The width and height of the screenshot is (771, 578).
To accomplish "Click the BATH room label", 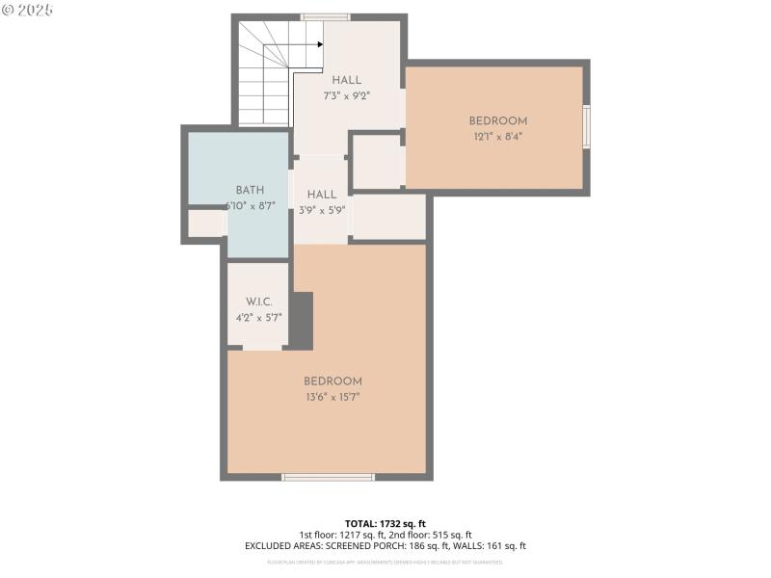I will [250, 191].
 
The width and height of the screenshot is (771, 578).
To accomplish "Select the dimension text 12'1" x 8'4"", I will [498, 137].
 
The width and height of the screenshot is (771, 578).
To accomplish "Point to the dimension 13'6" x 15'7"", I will [332, 397].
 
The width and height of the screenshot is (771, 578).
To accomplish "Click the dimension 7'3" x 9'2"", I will [347, 95].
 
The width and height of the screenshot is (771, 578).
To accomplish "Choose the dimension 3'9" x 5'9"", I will [322, 210].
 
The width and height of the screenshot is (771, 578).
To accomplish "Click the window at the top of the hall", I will [325, 16].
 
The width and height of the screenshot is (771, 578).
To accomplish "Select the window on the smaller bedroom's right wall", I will [586, 126].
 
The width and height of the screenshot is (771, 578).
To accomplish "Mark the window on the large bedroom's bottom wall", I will [328, 476].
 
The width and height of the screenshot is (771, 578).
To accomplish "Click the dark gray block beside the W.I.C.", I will [302, 322].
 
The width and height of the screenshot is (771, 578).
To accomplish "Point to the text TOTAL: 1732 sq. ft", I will [385, 523].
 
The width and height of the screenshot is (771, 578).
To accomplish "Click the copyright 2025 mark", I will [28, 10].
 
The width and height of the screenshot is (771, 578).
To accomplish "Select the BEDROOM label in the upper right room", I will [498, 120].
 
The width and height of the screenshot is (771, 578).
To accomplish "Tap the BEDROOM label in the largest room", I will [332, 381].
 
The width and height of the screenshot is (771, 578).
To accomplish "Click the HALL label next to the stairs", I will [347, 80].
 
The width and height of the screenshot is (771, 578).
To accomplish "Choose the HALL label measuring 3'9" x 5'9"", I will [322, 195].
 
